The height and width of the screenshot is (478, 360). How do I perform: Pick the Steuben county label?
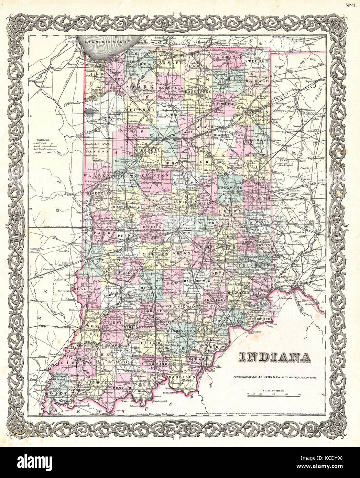coord(259,61)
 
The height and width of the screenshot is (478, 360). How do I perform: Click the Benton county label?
coord(95,151)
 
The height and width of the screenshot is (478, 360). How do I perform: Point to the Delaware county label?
coord(230,188)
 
